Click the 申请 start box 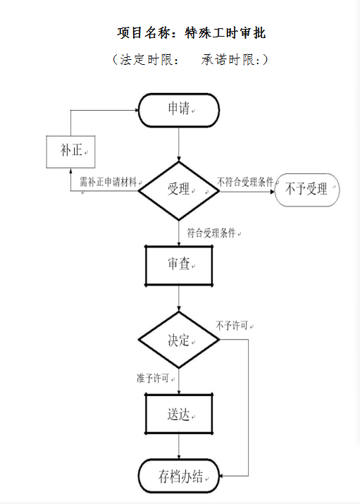click(179, 110)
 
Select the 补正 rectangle click(70, 152)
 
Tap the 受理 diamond click(179, 190)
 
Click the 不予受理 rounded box click(307, 190)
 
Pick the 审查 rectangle click(179, 266)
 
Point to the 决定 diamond click(179, 340)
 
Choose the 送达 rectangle click(179, 414)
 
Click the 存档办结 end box click(179, 476)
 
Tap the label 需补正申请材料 click(108, 183)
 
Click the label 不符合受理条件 click(245, 182)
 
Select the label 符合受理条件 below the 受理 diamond click(211, 233)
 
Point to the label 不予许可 click(232, 326)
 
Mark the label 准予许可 click(153, 378)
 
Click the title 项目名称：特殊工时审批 click(192, 33)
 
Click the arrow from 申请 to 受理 click(179, 145)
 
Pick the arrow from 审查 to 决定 click(179, 299)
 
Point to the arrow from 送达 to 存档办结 click(179, 447)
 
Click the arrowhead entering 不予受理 click(273, 192)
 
